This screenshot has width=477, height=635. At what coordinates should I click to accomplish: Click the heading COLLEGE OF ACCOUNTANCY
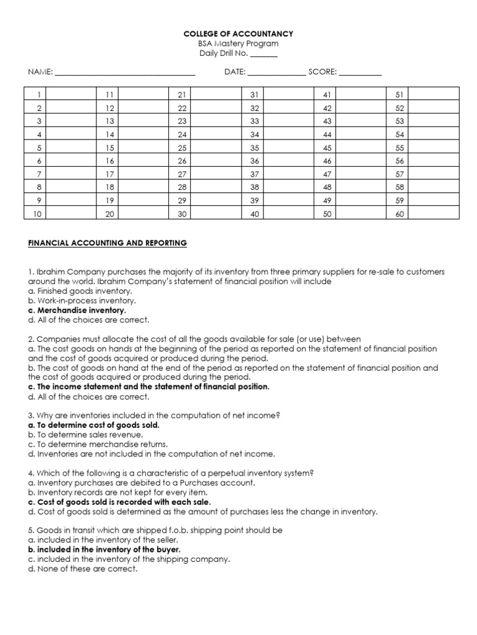point(238,33)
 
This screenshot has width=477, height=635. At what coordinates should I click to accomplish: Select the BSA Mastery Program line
point(238,43)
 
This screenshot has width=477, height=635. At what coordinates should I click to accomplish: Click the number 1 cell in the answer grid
point(38,94)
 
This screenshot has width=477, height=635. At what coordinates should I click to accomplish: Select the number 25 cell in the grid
point(182,148)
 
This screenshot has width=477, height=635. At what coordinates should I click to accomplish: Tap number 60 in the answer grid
point(399,214)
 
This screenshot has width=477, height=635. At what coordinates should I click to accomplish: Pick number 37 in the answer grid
point(253,174)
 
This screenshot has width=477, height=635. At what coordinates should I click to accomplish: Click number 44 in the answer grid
point(327,135)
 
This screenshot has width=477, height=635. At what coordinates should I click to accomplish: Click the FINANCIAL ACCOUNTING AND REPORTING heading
point(107,243)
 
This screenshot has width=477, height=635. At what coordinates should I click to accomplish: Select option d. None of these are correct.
point(82,569)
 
